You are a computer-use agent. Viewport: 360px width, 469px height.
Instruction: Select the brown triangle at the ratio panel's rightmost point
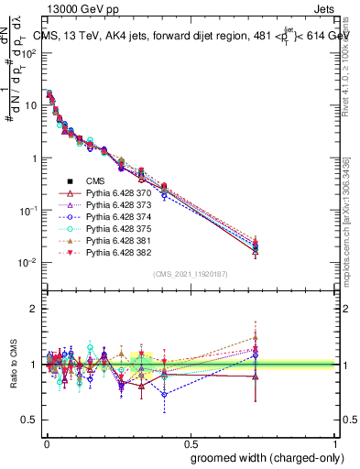click(256, 337)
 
